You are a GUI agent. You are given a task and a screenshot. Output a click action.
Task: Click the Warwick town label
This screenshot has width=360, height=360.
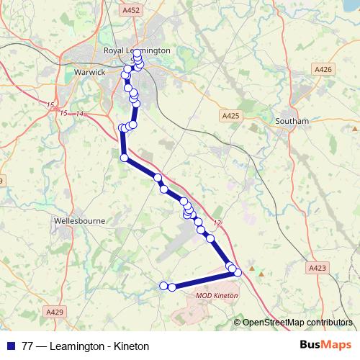click(90, 72)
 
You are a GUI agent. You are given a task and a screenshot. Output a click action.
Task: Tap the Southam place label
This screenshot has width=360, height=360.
click(292, 121)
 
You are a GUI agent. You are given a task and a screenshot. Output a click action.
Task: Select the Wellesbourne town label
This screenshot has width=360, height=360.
click(79, 221)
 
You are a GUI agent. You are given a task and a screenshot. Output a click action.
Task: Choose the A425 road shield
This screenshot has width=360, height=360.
click(230, 114)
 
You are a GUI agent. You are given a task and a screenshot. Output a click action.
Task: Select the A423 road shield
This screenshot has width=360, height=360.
click(318, 267)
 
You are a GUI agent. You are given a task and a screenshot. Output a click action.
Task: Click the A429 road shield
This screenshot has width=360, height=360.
click(55, 312)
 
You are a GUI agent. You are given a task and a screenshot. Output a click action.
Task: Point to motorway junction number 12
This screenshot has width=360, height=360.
click(217, 223)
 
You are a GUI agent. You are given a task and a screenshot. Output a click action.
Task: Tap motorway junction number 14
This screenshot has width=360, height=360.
click(80, 114)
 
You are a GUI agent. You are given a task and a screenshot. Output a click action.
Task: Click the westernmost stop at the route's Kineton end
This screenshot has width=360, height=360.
click(163, 286)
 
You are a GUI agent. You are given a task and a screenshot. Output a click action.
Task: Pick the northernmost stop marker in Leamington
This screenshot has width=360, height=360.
click(137, 53)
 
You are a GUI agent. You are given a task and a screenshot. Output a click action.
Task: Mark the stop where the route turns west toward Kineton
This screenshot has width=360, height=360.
click(237, 272)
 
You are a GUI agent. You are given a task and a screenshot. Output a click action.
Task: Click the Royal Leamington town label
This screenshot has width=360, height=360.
click(137, 50)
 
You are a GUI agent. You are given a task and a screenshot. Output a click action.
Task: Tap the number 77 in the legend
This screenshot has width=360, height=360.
click(28, 346)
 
